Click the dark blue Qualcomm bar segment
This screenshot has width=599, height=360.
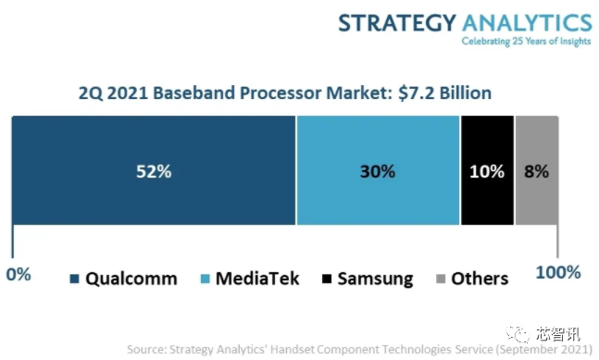tap(154, 170)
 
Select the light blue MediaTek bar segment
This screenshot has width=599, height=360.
tap(379, 170)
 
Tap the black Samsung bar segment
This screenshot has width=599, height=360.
tap(488, 170)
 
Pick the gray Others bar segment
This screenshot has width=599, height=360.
tap(537, 170)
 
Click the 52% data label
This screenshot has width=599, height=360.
tap(154, 171)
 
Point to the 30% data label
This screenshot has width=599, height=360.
tap(378, 171)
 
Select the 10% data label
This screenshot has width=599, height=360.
tap(487, 171)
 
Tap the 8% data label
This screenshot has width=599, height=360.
tap(536, 171)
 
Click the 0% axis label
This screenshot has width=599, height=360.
tap(19, 274)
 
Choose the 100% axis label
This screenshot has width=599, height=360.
tap(558, 272)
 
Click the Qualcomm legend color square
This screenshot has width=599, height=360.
tap(74, 279)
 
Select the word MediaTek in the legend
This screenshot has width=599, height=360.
tap(257, 279)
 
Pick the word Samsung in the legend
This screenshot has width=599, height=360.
tap(375, 279)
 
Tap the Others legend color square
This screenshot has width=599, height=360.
tap(441, 279)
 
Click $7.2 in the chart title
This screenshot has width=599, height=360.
tap(416, 93)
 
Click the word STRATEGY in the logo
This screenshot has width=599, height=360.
tap(397, 22)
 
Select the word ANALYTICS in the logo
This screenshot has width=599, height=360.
tap(527, 22)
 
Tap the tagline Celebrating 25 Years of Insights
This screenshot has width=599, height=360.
tap(527, 42)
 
